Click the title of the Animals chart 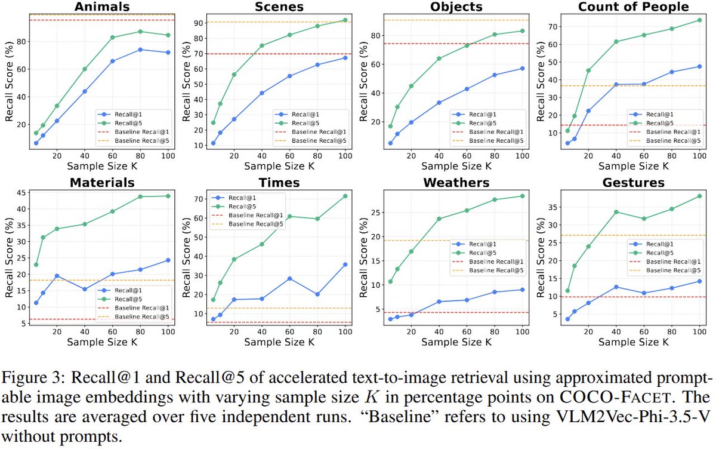101,7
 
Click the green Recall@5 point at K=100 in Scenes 345,20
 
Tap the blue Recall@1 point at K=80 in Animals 140,50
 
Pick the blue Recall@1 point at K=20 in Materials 57,276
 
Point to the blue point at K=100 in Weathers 522,290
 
